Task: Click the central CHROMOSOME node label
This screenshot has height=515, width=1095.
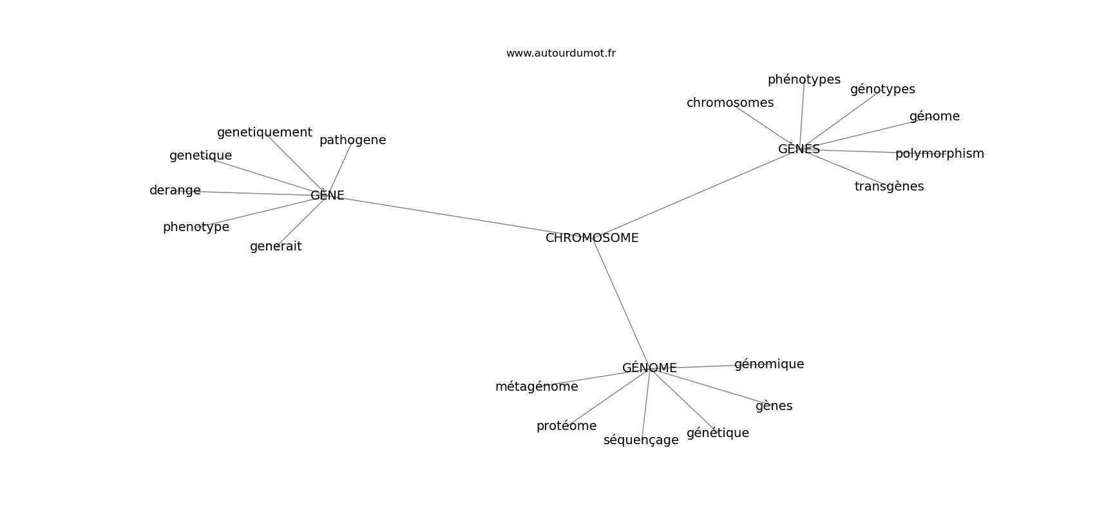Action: (592, 238)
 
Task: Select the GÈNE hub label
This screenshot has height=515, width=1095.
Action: (327, 195)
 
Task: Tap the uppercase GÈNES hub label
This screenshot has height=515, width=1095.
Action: (799, 149)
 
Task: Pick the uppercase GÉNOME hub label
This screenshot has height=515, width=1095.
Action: (649, 368)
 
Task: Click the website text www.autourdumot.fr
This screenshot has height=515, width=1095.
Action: (560, 53)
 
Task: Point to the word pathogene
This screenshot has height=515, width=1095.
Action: (352, 140)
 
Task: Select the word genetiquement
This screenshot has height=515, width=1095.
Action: (265, 133)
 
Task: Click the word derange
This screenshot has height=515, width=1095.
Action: (175, 191)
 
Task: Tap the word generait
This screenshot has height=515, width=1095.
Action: (276, 247)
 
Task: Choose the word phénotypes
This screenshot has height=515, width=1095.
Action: (804, 80)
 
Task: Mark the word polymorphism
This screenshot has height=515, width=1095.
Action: (940, 154)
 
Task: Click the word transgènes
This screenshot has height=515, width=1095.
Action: (889, 187)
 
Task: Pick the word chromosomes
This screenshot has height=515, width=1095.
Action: (730, 103)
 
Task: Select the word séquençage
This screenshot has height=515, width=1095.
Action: (641, 440)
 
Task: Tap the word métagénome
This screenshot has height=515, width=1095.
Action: (537, 386)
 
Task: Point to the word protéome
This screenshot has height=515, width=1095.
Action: (567, 426)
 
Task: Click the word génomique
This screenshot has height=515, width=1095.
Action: (769, 364)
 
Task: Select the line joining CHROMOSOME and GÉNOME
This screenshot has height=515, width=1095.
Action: (621, 303)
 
